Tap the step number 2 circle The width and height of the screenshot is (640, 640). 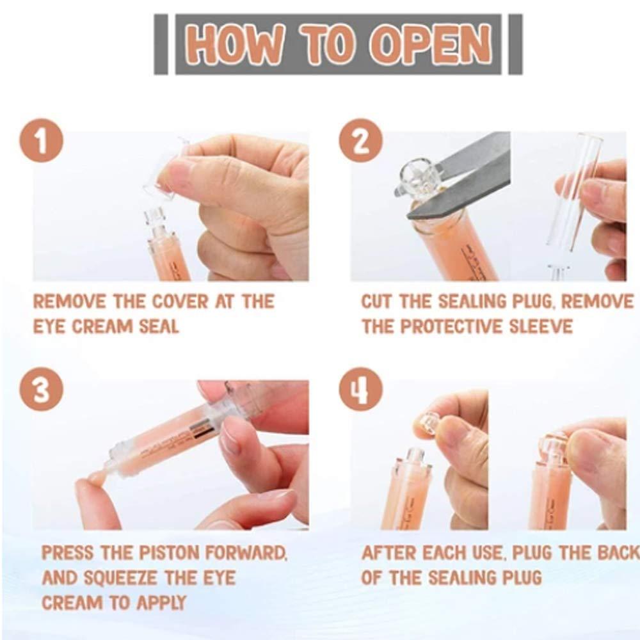point(360,142)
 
